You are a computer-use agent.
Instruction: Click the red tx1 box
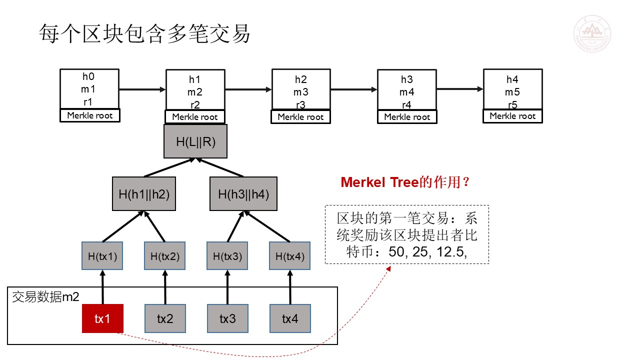click(x=102, y=318)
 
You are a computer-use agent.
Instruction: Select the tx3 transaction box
click(x=227, y=318)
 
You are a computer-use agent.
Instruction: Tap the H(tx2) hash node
click(x=165, y=256)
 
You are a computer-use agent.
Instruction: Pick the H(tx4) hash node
click(x=289, y=256)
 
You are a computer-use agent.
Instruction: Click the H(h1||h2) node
click(x=144, y=194)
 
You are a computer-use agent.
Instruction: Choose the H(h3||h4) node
click(x=243, y=194)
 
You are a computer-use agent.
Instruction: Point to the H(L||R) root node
click(x=195, y=141)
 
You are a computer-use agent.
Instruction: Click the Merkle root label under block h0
click(x=90, y=115)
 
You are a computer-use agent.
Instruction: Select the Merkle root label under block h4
click(x=512, y=116)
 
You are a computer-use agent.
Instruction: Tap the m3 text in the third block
click(x=301, y=92)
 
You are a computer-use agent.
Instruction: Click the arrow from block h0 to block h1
click(x=142, y=89)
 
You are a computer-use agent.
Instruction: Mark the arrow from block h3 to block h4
click(x=460, y=89)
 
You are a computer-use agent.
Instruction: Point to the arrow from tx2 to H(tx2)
click(x=165, y=287)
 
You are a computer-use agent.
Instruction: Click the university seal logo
click(x=592, y=33)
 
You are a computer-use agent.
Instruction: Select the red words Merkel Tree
click(x=379, y=182)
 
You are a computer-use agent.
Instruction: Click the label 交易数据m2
click(x=45, y=297)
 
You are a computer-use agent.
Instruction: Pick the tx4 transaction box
click(x=290, y=318)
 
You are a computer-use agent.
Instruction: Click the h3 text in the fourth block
click(x=407, y=79)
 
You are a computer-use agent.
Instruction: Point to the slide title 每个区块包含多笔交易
click(x=144, y=33)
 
